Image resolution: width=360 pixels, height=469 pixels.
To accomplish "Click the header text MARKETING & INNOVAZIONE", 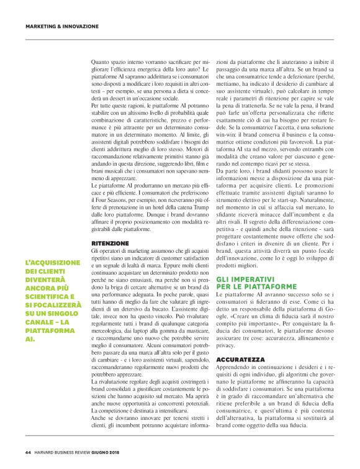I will tap(62, 27).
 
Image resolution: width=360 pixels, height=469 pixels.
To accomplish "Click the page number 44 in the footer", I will tap(29, 452).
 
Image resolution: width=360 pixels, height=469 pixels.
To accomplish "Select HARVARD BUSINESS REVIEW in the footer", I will tap(68, 452).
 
